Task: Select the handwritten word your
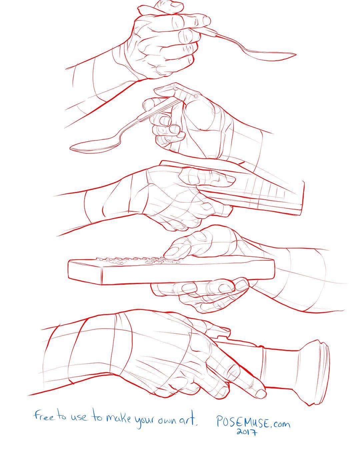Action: (145, 419)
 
